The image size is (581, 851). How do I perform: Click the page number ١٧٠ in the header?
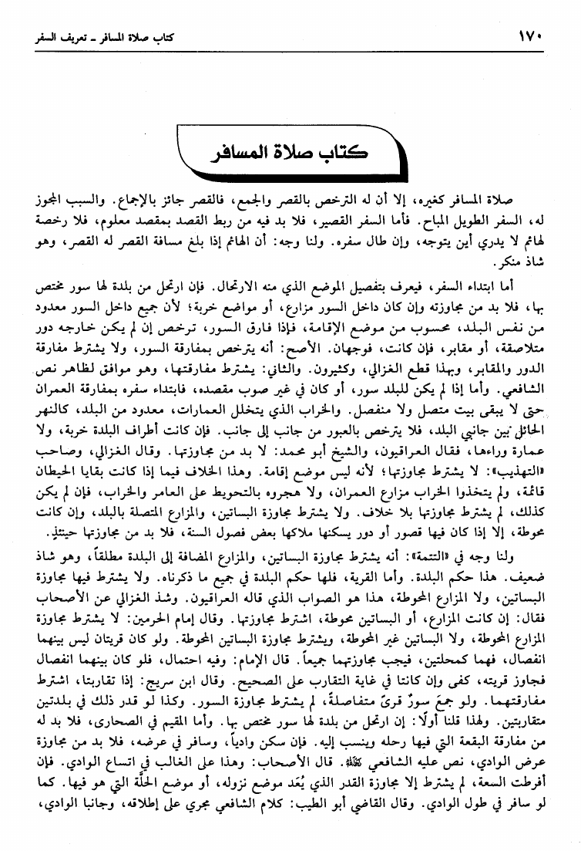(530, 35)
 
